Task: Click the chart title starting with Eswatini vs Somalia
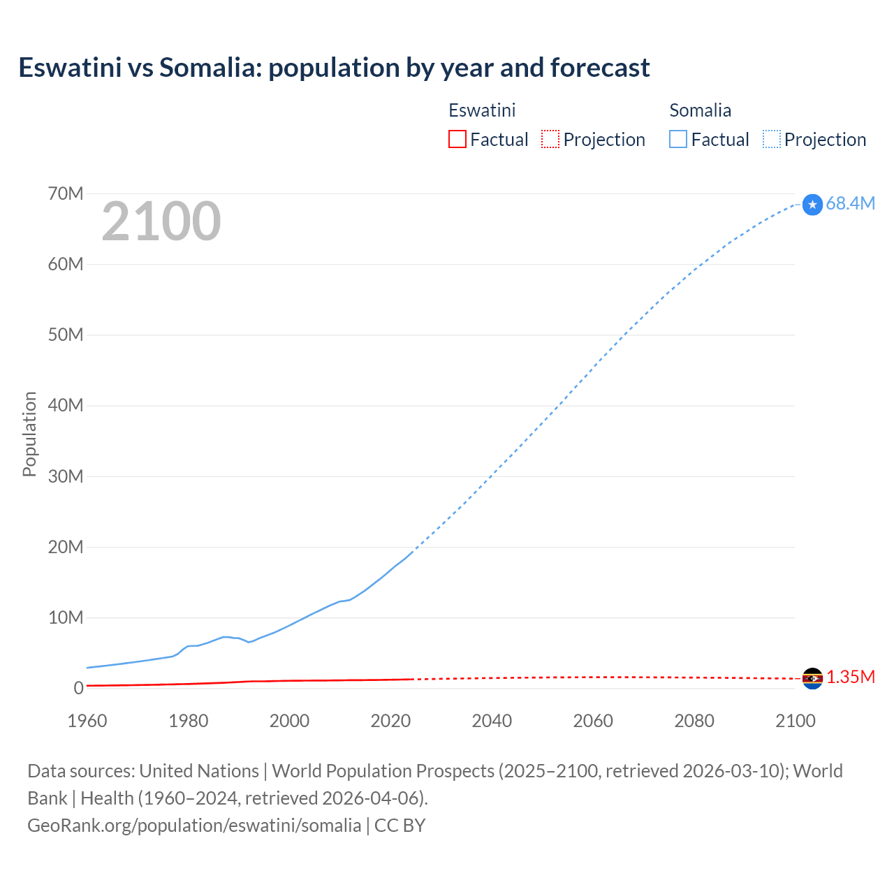tap(334, 68)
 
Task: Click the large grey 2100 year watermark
tap(161, 221)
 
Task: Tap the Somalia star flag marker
tap(812, 205)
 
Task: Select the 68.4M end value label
tap(850, 203)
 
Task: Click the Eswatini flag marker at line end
tap(812, 678)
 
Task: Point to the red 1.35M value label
tap(851, 677)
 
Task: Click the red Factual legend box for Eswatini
tap(457, 139)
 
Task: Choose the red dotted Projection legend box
tap(550, 139)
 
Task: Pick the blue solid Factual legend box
tap(678, 139)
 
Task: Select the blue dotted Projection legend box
tap(772, 139)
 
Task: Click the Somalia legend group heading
tap(700, 110)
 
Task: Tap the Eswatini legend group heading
tap(482, 110)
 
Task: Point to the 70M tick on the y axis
tap(66, 193)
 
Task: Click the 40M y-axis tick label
tap(66, 405)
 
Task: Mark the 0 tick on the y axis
tap(78, 688)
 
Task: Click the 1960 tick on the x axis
tap(87, 721)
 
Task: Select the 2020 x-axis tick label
tap(390, 721)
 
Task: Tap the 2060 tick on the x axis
tap(593, 721)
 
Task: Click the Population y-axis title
tap(29, 434)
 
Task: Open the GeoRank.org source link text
tap(194, 825)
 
